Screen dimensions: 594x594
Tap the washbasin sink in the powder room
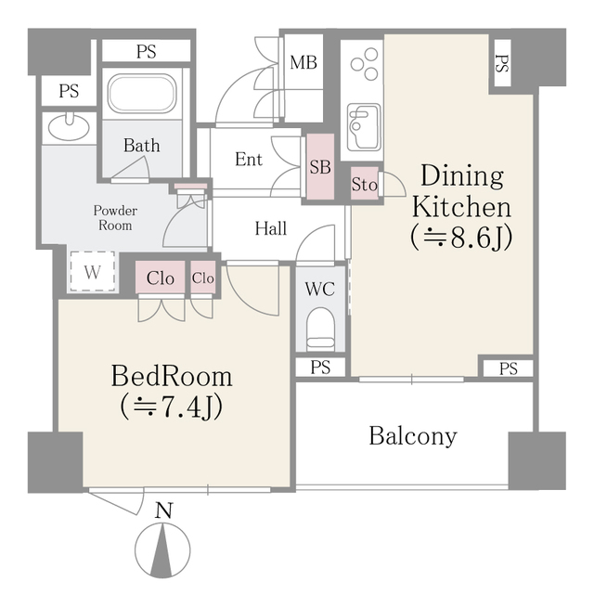tap(70, 127)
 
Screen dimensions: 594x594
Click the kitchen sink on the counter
tap(364, 127)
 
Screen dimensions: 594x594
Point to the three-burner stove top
tap(365, 64)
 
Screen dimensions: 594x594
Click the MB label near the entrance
tap(303, 62)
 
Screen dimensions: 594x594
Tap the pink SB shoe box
tap(320, 167)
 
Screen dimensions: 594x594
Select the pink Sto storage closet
tap(365, 184)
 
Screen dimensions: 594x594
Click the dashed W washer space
tap(93, 272)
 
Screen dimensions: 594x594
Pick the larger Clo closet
tap(161, 278)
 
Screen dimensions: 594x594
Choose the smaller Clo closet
tap(203, 278)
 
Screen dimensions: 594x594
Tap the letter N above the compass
tap(164, 510)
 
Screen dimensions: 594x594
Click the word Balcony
tap(413, 437)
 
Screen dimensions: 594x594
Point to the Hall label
tap(270, 228)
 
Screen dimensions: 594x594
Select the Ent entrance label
tap(249, 159)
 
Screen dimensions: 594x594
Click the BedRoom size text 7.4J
tap(171, 408)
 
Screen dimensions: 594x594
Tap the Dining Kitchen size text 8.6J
tap(461, 238)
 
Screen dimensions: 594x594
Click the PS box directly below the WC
tap(320, 368)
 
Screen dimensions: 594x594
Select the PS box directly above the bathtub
tap(147, 51)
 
